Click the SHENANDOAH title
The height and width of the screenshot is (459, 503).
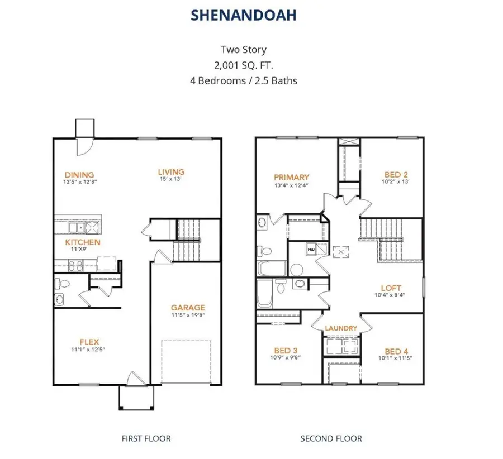pyautogui.click(x=243, y=16)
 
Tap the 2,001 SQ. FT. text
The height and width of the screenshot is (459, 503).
pyautogui.click(x=243, y=65)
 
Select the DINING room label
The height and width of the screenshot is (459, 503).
pyautogui.click(x=79, y=174)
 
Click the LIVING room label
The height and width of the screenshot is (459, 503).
pyautogui.click(x=170, y=172)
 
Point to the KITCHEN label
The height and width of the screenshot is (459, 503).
pyautogui.click(x=83, y=242)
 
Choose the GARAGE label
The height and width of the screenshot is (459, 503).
pyautogui.click(x=188, y=307)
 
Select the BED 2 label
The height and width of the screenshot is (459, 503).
pyautogui.click(x=393, y=174)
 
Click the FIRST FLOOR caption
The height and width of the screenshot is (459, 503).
pyautogui.click(x=146, y=438)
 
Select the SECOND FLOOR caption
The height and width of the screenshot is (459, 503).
pyautogui.click(x=331, y=438)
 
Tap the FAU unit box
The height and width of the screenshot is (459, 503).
pyautogui.click(x=311, y=247)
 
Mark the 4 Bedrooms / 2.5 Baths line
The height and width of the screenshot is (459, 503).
pyautogui.click(x=243, y=80)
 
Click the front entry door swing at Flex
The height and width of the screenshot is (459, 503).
pyautogui.click(x=134, y=378)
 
